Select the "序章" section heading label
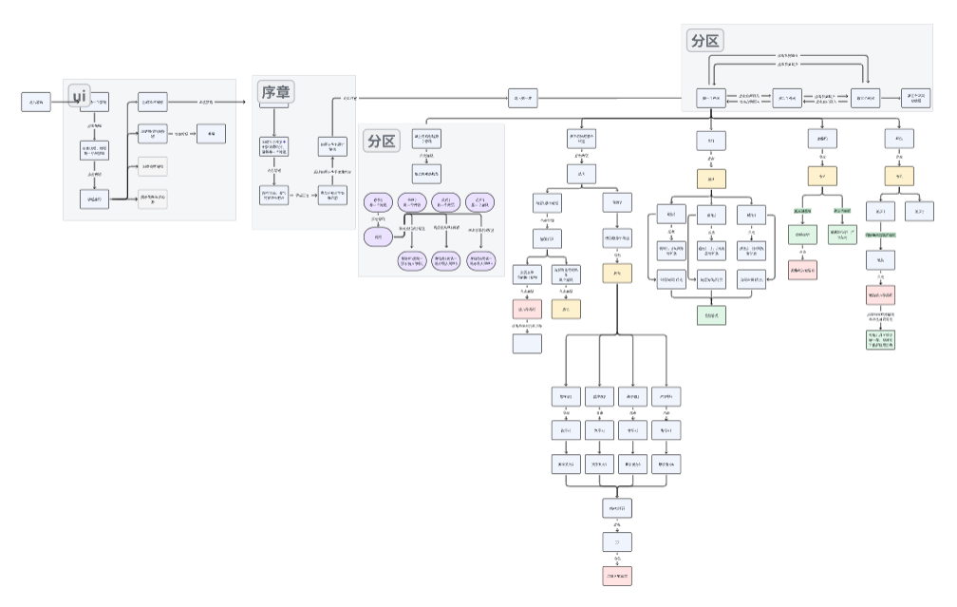coord(276,91)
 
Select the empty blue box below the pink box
coord(527,343)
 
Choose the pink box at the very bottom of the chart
coord(617,577)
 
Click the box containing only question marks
coord(617,542)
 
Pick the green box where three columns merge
coord(711,315)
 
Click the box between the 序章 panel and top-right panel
coord(523,97)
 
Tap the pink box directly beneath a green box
coord(802,270)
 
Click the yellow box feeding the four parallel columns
coord(617,274)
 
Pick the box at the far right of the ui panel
coord(211,134)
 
